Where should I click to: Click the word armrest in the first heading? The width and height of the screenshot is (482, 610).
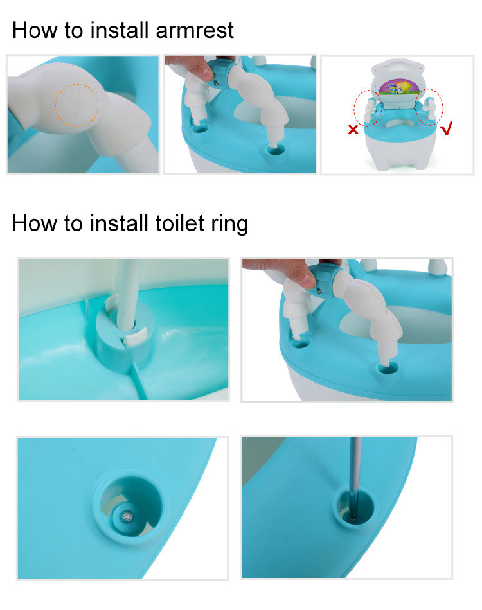pyautogui.click(x=194, y=30)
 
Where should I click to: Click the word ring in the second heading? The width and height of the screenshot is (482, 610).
pyautogui.click(x=229, y=224)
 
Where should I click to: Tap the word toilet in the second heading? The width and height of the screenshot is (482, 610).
pyautogui.click(x=179, y=223)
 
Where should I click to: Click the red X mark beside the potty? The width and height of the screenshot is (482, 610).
pyautogui.click(x=353, y=130)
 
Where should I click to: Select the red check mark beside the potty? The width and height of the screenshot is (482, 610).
pyautogui.click(x=447, y=128)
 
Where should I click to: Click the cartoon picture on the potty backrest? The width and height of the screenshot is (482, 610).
pyautogui.click(x=397, y=87)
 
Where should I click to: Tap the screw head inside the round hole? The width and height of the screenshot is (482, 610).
pyautogui.click(x=127, y=517)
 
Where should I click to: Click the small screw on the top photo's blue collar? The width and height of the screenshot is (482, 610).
pyautogui.click(x=216, y=82)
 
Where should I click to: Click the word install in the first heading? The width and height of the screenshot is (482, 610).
pyautogui.click(x=119, y=30)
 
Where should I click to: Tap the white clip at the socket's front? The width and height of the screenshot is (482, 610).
pyautogui.click(x=134, y=336)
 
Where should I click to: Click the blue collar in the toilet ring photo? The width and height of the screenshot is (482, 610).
pyautogui.click(x=324, y=280)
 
